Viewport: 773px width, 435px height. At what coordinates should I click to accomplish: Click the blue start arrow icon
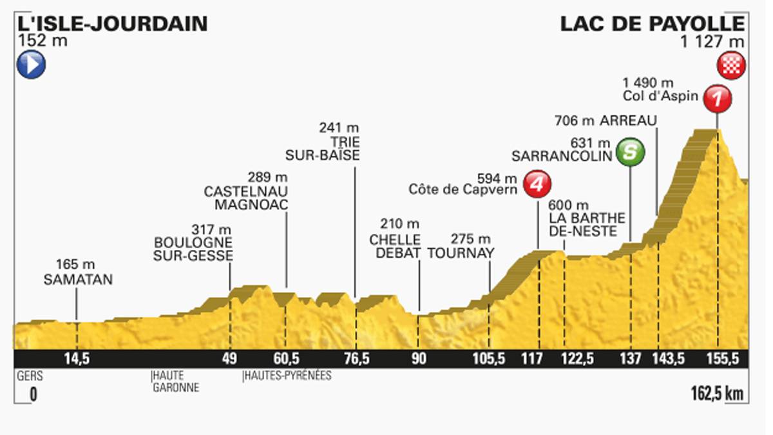coord(31,64)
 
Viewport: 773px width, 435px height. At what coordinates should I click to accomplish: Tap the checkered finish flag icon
coord(732,66)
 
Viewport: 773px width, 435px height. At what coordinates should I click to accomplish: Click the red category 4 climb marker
coord(537,184)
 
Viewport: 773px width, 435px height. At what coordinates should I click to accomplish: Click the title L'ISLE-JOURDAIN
coord(113,24)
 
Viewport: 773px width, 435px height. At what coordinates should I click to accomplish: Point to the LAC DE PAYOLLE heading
coord(652,24)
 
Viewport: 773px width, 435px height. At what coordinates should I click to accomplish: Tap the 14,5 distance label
coord(77,360)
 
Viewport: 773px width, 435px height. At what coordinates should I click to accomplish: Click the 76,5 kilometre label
coord(356,360)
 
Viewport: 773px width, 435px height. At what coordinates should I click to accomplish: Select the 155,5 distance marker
coord(717,360)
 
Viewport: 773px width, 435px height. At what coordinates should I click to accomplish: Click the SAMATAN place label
coord(78,279)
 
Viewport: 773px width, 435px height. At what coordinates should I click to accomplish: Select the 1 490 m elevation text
coord(648,82)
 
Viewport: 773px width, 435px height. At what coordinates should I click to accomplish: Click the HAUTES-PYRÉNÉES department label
coord(287,375)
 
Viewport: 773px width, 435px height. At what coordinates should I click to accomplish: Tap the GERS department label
coord(25,375)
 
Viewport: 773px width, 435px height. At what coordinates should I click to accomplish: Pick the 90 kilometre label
coord(419,360)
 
